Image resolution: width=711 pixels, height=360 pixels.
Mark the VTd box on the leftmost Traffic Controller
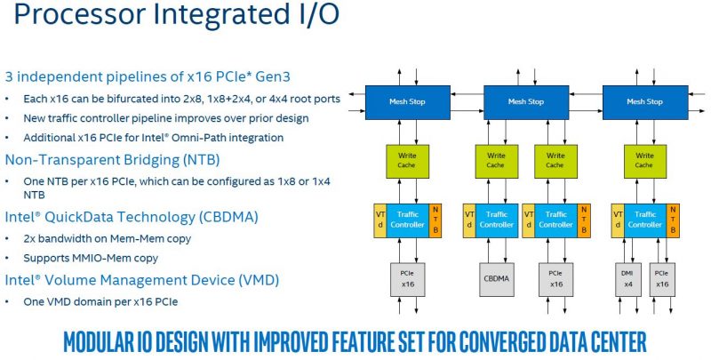[380, 219]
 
